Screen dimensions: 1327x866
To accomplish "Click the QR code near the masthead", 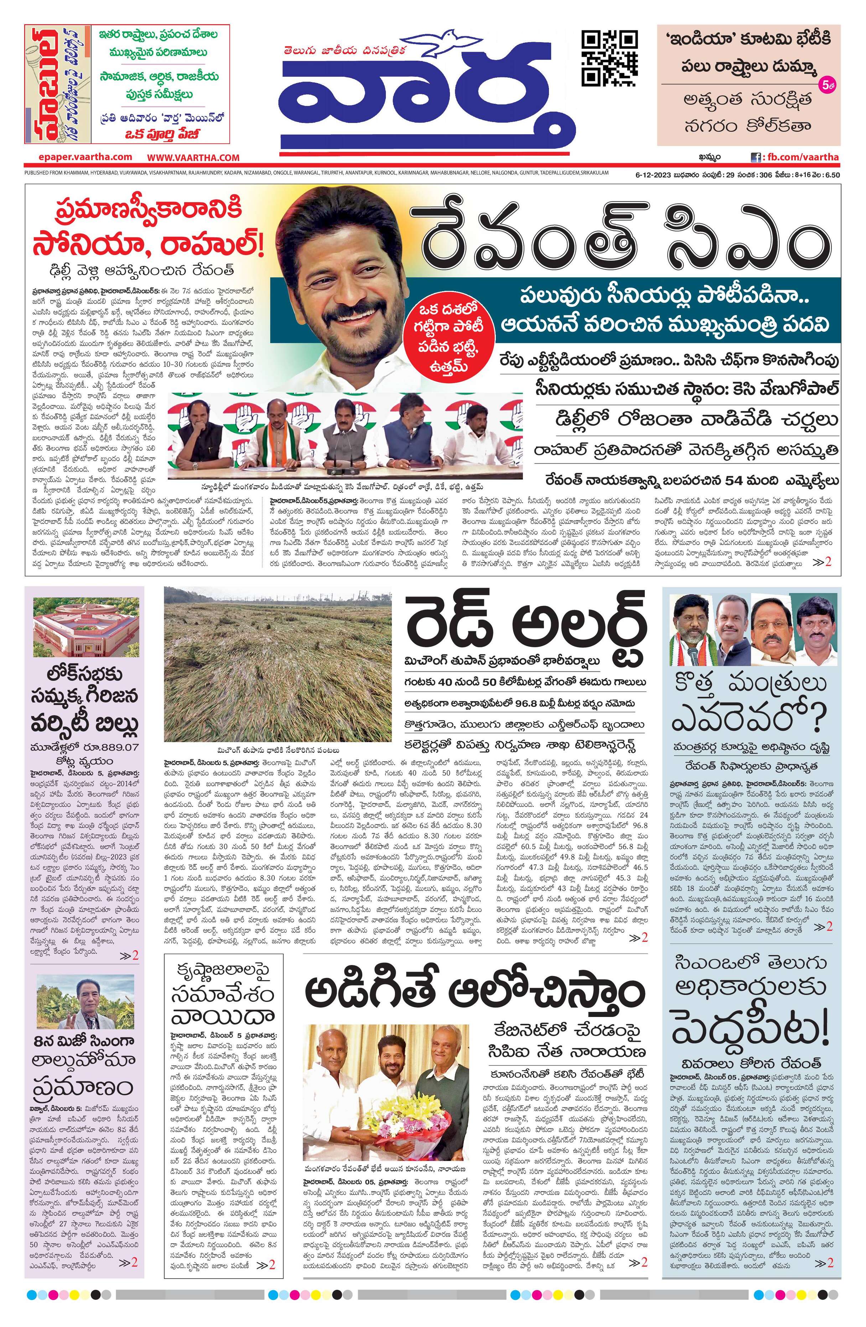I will pos(609,58).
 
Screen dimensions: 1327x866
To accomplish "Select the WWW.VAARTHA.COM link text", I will pos(193,158).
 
